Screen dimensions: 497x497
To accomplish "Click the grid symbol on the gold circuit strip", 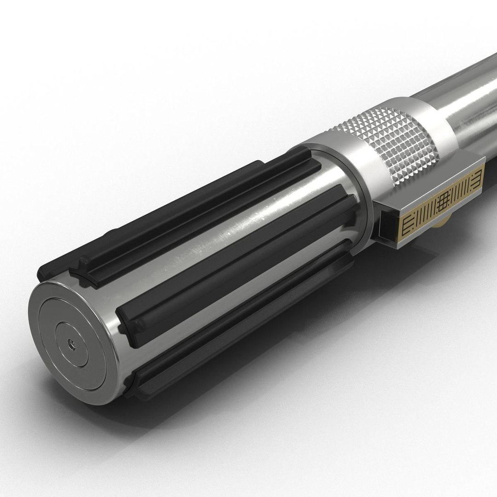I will coord(443,201).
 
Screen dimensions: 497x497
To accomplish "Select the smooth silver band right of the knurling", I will coord(439,120).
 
